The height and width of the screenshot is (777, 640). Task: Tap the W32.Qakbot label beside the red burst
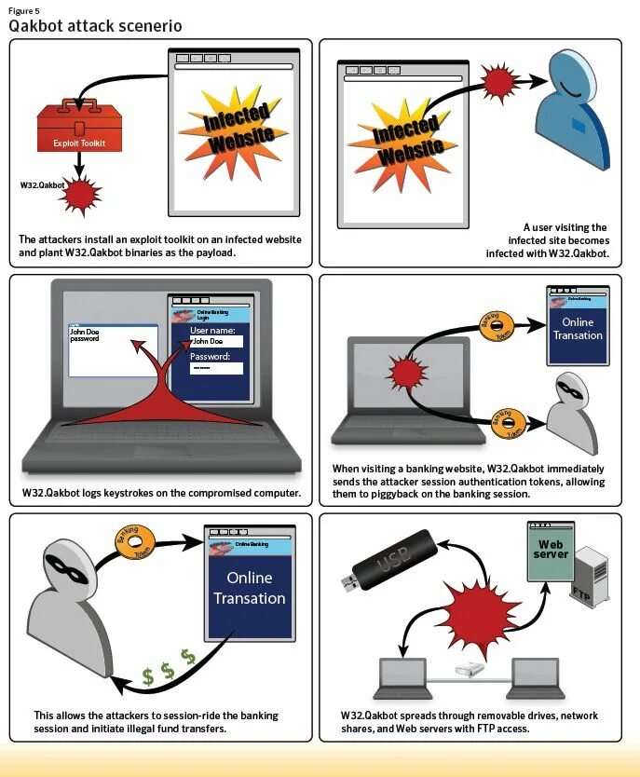[43, 185]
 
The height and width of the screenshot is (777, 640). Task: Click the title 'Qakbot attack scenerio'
[95, 26]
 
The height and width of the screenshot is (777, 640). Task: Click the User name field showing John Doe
[216, 341]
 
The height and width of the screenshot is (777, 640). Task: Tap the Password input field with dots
[216, 368]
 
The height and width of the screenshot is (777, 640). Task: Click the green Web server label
[551, 549]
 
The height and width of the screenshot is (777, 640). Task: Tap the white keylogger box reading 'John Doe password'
[112, 349]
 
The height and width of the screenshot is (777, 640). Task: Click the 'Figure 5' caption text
[24, 10]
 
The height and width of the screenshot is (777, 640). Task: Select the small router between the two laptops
[470, 670]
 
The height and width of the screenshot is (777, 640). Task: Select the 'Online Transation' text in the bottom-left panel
[249, 588]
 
